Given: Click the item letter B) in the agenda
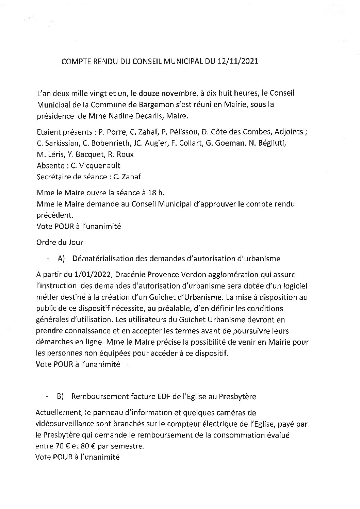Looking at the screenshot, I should (61, 397).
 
